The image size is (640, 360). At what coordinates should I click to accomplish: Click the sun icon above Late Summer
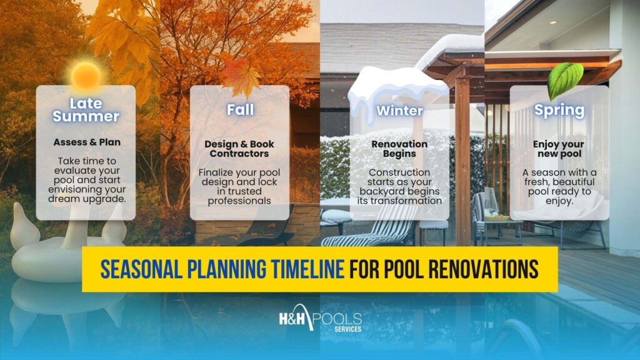(86, 75)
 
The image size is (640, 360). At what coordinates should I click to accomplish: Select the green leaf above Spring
(564, 80)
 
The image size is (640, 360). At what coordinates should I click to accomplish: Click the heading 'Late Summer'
(86, 109)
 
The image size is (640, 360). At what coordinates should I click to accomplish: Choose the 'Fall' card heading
(240, 110)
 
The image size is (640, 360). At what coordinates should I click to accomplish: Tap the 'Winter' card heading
(399, 111)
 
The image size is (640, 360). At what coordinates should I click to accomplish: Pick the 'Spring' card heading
(559, 111)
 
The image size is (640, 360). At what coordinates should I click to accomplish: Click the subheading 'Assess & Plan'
(86, 142)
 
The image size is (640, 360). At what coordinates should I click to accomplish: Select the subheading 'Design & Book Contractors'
(239, 148)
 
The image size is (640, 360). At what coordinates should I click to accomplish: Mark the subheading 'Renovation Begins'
(399, 148)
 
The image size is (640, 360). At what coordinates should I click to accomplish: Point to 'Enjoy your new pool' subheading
(559, 148)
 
